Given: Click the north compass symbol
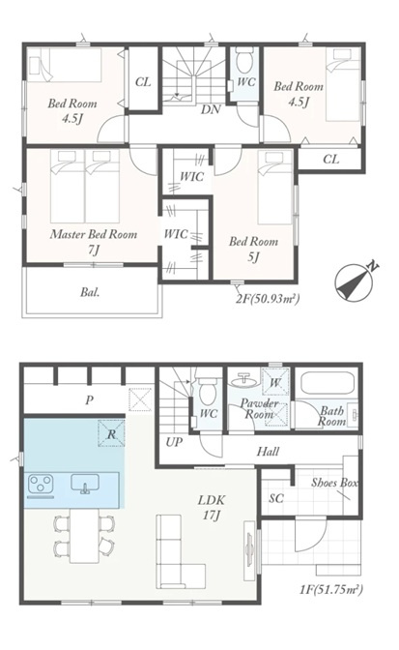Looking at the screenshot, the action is click(x=354, y=282).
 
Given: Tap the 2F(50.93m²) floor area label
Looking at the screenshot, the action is click(x=268, y=299).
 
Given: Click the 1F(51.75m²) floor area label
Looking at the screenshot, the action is click(x=331, y=589).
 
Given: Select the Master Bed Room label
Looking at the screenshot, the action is click(x=94, y=234).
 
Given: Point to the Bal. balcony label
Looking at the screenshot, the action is click(x=90, y=293).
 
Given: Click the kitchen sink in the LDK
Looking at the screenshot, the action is click(x=85, y=484).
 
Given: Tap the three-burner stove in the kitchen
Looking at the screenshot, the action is click(x=41, y=484).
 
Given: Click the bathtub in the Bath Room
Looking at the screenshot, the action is click(x=327, y=383).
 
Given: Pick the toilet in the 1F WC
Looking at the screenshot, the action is click(x=206, y=391).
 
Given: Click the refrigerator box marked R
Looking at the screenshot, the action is click(x=111, y=433).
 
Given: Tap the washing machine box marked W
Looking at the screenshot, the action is click(x=274, y=382).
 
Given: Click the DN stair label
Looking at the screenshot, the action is click(x=211, y=109).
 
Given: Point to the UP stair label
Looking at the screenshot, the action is click(x=174, y=442).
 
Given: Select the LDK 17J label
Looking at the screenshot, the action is click(x=211, y=508).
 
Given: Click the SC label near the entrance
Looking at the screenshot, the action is click(x=276, y=498).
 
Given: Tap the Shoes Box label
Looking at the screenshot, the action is click(x=335, y=483).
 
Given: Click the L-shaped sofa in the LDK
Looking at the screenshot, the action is click(x=181, y=551).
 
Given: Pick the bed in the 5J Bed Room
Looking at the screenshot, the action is click(x=274, y=188).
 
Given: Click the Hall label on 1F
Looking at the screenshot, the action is click(x=268, y=451).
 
